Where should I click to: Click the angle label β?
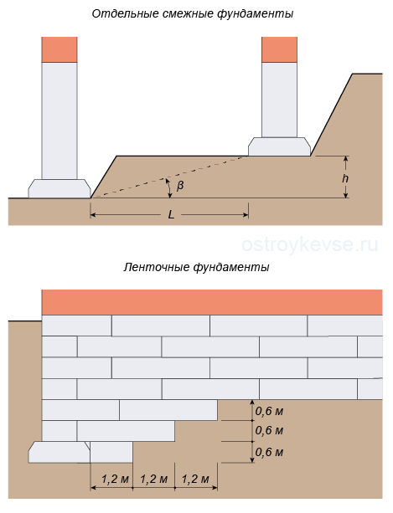pyautogui.click(x=180, y=186)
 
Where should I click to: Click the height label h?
pyautogui.click(x=345, y=178)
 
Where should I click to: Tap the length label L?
pyautogui.click(x=171, y=214)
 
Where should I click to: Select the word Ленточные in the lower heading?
pyautogui.click(x=157, y=267)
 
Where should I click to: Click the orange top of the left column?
pyautogui.click(x=59, y=49)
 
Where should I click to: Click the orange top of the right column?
pyautogui.click(x=279, y=49)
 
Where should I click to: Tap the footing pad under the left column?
pyautogui.click(x=59, y=188)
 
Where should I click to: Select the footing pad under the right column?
pyautogui.click(x=279, y=146)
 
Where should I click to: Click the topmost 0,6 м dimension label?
pyautogui.click(x=269, y=411)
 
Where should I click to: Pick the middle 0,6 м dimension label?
pyautogui.click(x=269, y=430)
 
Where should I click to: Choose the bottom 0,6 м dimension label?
pyautogui.click(x=269, y=452)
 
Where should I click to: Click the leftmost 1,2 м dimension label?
pyautogui.click(x=115, y=480)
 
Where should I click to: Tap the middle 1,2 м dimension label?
pyautogui.click(x=153, y=480)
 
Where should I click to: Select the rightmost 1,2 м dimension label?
pyautogui.click(x=195, y=480)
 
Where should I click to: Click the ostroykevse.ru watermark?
pyautogui.click(x=310, y=244)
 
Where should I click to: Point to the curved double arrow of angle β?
pyautogui.click(x=169, y=188)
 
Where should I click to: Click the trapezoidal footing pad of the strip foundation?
pyautogui.click(x=59, y=452)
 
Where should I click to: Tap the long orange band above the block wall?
pyautogui.click(x=212, y=302)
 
